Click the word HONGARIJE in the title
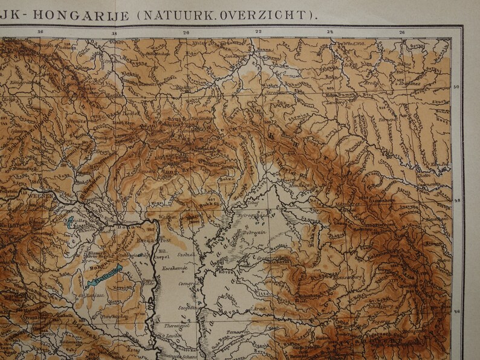(x=83, y=15)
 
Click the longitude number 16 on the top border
(x=41, y=33)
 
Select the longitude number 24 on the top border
(x=330, y=33)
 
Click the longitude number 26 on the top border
(x=402, y=33)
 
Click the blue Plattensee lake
(x=104, y=274)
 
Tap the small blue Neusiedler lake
(x=70, y=222)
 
